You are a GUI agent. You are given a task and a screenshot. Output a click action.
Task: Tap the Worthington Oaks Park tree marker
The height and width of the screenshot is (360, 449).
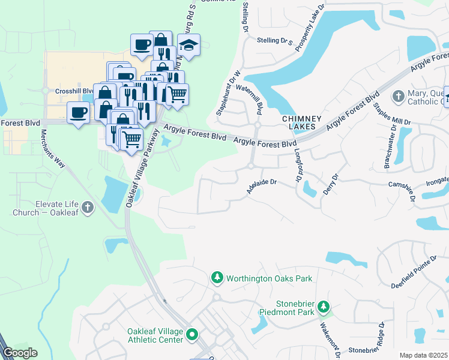217,278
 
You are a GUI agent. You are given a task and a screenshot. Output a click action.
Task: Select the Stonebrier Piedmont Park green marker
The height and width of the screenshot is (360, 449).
324,307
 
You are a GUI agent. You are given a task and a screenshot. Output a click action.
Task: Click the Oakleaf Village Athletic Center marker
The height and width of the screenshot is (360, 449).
192,334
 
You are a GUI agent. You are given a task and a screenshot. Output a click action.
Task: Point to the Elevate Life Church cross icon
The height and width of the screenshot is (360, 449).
88,208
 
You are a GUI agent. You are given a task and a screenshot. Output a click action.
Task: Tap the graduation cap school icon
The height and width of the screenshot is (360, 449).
188,46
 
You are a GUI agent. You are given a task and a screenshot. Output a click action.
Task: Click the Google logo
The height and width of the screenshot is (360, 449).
19,353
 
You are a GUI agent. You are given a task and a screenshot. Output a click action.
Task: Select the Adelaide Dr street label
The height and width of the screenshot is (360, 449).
261,187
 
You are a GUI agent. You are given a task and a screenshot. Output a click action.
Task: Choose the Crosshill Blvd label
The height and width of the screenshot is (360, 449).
72,91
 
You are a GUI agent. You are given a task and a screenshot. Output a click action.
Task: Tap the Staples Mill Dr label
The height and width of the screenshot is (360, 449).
391,113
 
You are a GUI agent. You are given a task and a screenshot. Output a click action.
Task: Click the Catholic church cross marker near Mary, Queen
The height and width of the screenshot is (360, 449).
397,96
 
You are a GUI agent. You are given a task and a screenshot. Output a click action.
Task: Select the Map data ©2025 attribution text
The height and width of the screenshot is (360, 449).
423,355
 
